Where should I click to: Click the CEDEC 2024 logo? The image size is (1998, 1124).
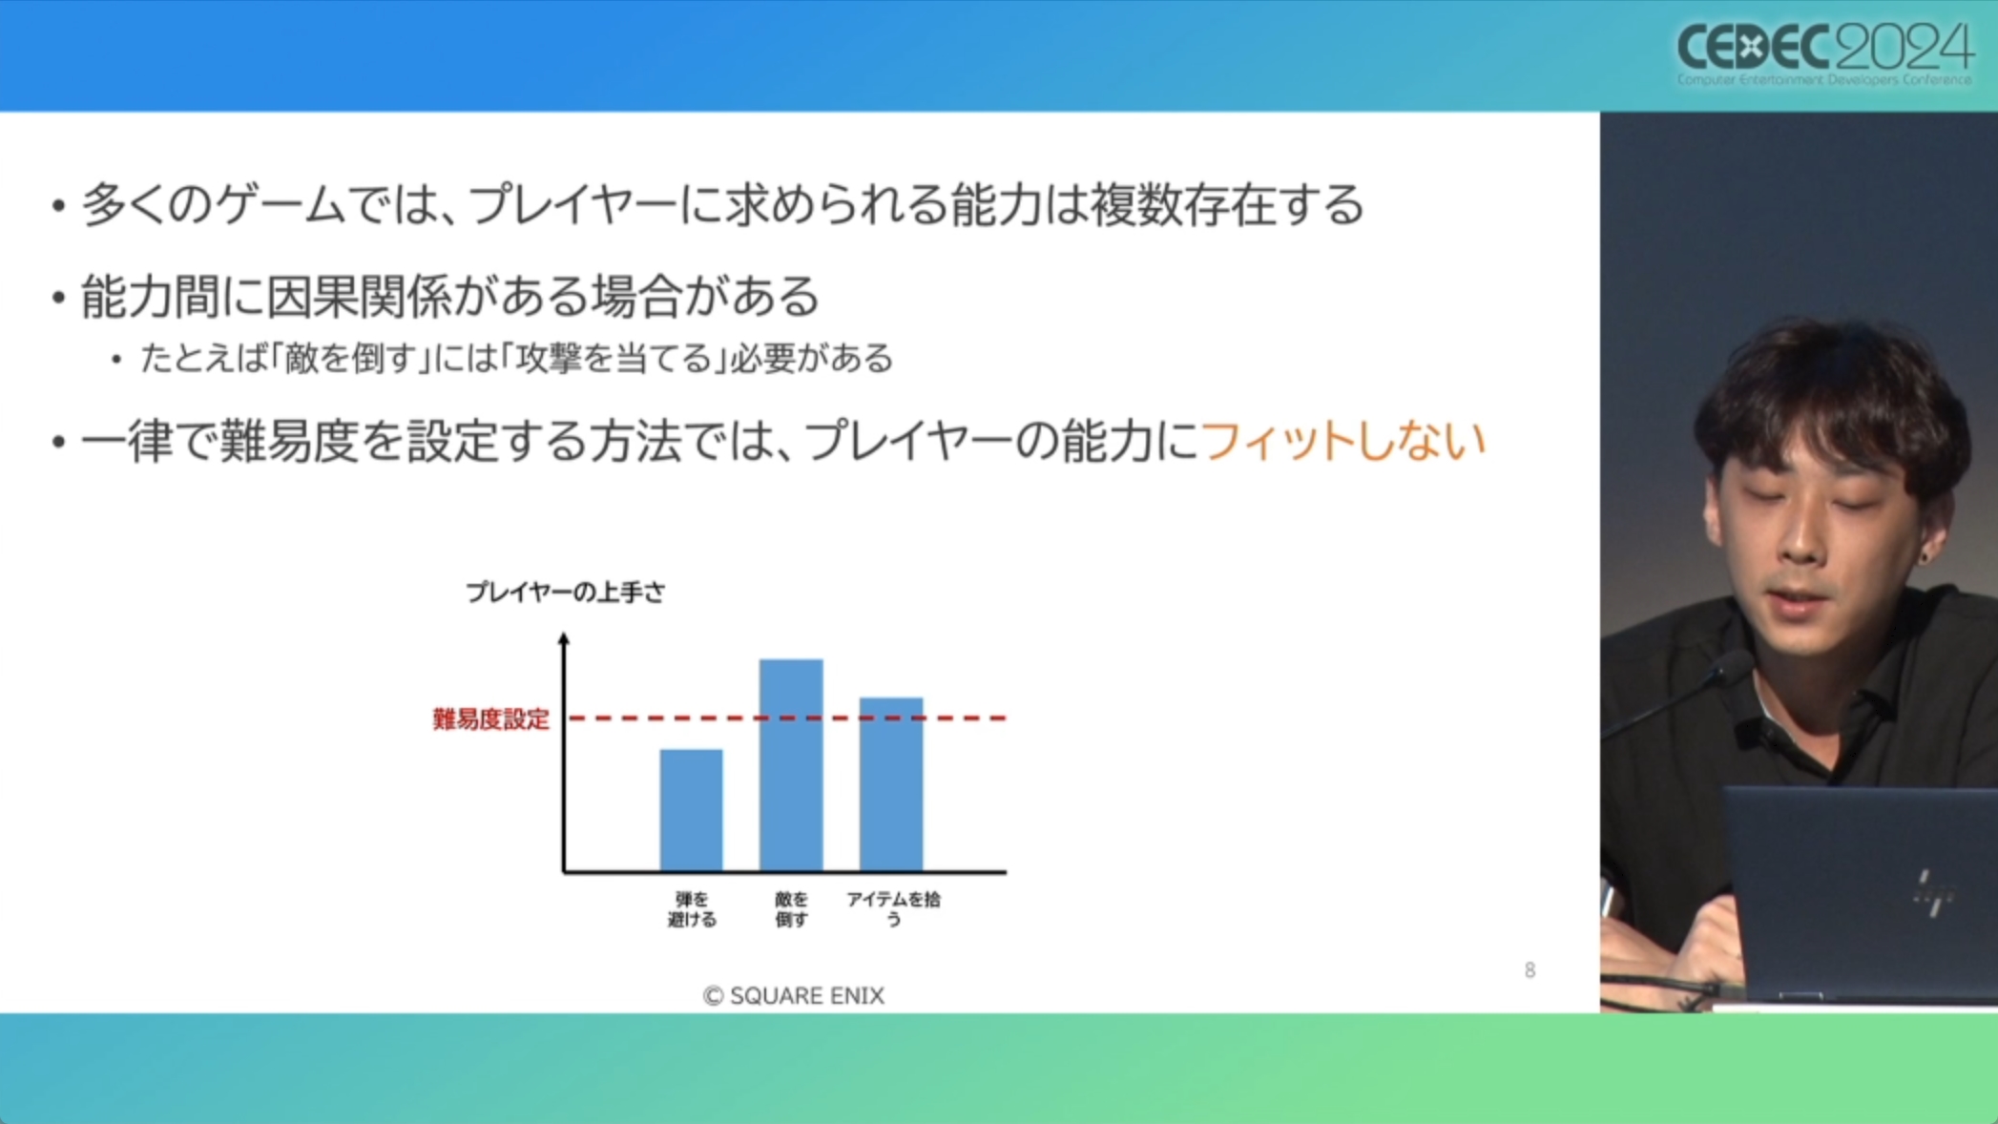1824,52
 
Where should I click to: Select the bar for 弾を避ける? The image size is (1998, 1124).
692,810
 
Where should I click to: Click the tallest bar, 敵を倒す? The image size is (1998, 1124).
791,765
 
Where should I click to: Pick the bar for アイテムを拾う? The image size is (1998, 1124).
891,784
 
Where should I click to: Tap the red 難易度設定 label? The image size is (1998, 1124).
490,718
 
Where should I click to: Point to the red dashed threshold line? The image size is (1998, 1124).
788,718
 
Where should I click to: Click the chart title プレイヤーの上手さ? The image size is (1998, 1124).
565,593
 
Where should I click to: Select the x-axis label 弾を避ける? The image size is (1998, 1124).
692,909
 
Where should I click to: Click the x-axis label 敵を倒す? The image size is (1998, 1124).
791,909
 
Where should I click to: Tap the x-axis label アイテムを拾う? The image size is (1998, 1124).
893,908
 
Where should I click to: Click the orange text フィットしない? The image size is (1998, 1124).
1343,441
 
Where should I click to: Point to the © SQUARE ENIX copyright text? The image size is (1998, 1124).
794,995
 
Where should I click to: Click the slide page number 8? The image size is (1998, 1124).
1530,970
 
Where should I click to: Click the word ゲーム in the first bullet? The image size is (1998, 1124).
279,204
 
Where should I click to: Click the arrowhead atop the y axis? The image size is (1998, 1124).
564,638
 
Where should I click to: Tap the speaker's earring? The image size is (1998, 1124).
1925,555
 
